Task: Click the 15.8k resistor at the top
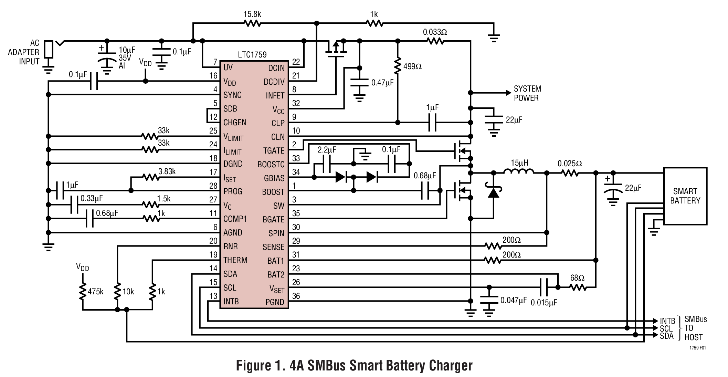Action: point(252,23)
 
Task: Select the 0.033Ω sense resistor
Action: point(435,41)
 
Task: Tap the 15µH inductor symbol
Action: point(519,172)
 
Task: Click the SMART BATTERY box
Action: point(685,196)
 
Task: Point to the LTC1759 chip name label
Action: point(252,55)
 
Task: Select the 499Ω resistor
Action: point(398,66)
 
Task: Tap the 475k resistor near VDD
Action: point(83,292)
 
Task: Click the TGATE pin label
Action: point(274,151)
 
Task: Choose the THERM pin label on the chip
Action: point(235,260)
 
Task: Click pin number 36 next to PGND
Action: point(296,296)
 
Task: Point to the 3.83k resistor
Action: point(150,177)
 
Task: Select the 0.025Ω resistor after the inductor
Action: point(570,173)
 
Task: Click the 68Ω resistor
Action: point(578,287)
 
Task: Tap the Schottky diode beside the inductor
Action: point(494,193)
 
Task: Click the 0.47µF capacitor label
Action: point(382,83)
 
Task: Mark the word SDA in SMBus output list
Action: point(666,336)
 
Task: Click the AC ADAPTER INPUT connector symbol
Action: point(49,50)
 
